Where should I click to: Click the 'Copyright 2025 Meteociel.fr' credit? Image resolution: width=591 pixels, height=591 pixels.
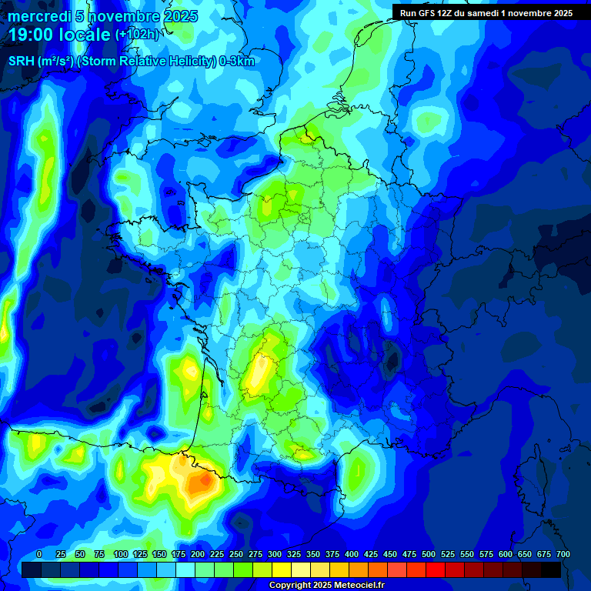(x=326, y=585)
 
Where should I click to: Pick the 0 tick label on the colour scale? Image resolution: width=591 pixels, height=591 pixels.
(x=39, y=554)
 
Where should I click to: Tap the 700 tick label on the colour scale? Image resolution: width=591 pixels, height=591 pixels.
(x=563, y=554)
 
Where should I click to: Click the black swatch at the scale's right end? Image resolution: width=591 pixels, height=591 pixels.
(x=551, y=569)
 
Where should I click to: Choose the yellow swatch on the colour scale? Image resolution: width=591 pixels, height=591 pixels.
(x=282, y=569)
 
